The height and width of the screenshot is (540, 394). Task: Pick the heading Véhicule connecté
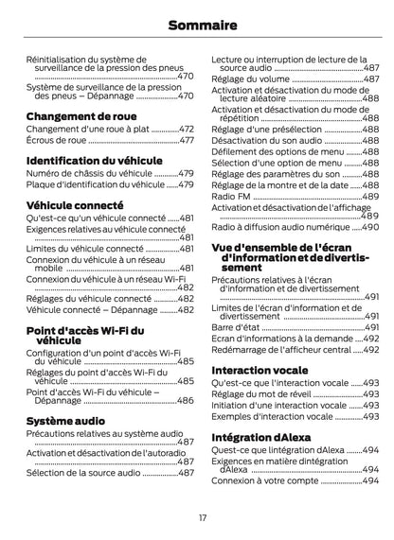(75, 204)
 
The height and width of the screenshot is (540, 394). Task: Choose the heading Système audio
(65, 419)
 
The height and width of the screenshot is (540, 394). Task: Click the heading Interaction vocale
(259, 370)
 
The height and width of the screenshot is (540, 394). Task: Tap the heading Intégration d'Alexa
(258, 437)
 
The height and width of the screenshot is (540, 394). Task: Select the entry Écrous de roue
(56, 140)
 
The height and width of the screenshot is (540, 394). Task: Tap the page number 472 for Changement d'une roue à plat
(186, 129)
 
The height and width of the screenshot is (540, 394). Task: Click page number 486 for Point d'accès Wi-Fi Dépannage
(186, 401)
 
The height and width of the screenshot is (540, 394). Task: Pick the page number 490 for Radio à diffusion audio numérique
(370, 228)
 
